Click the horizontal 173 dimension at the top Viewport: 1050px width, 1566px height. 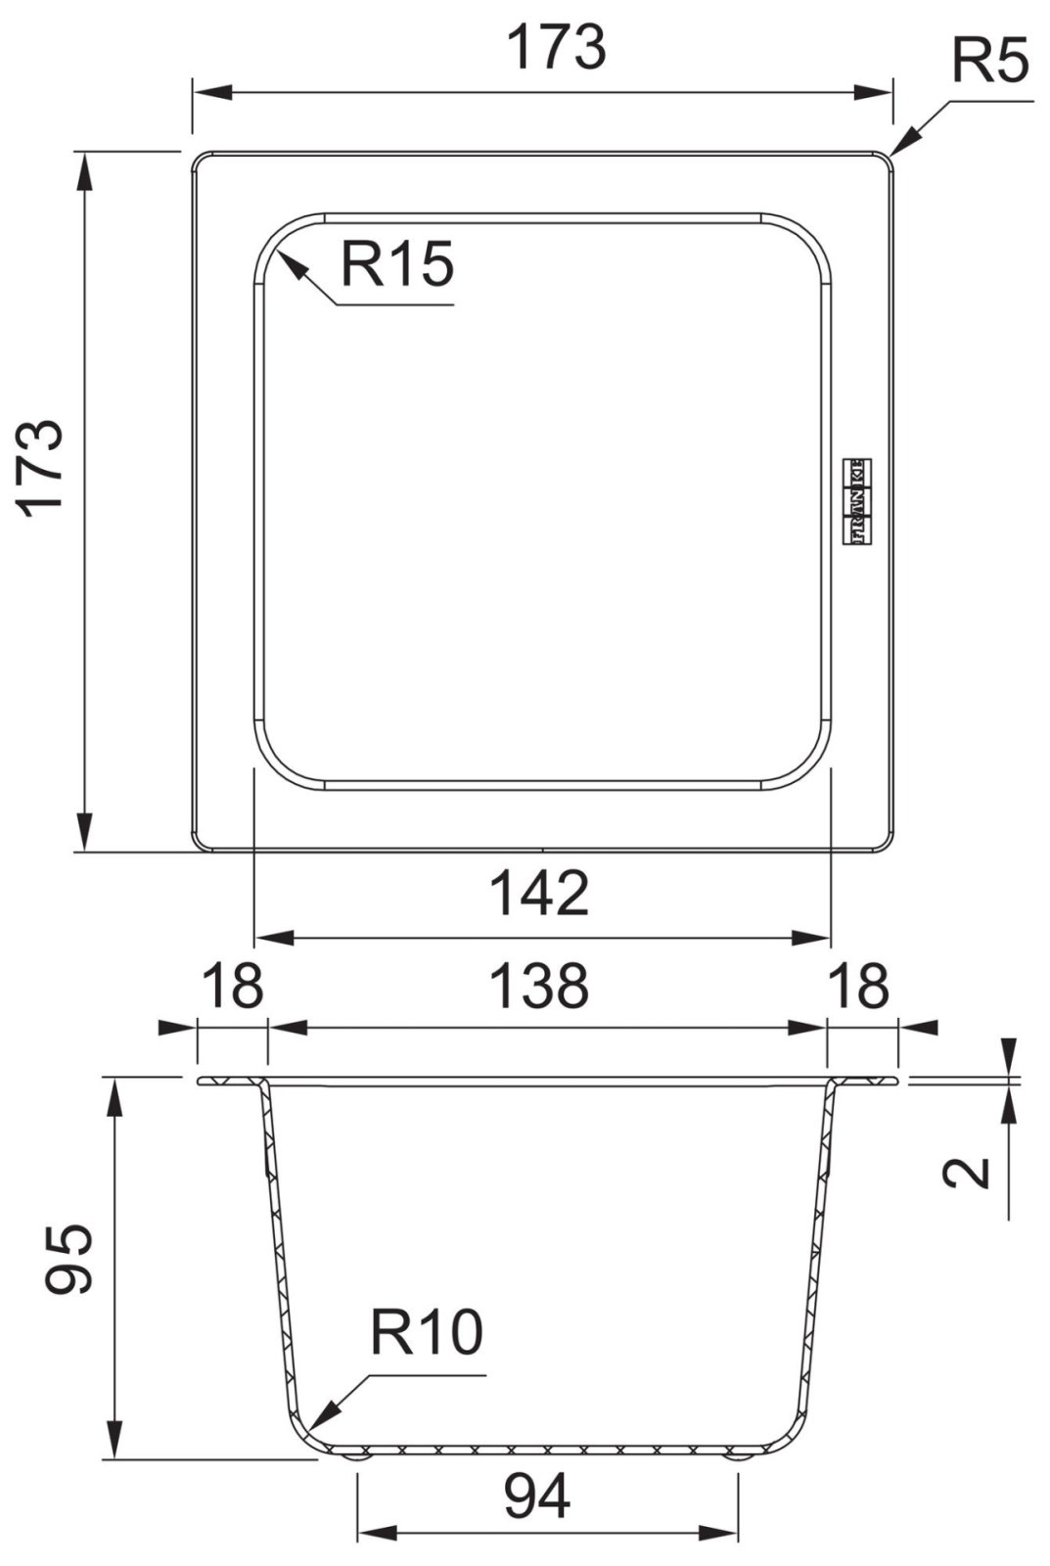556,47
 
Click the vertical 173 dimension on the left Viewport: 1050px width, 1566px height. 43,468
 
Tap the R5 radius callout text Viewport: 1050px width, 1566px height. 991,61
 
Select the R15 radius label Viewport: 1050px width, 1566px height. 397,263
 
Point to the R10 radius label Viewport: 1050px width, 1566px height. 427,1332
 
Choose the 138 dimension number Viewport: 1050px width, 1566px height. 539,985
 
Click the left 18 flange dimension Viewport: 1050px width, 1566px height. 232,985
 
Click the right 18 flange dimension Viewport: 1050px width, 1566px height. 859,985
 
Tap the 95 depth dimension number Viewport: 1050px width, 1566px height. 68,1259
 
